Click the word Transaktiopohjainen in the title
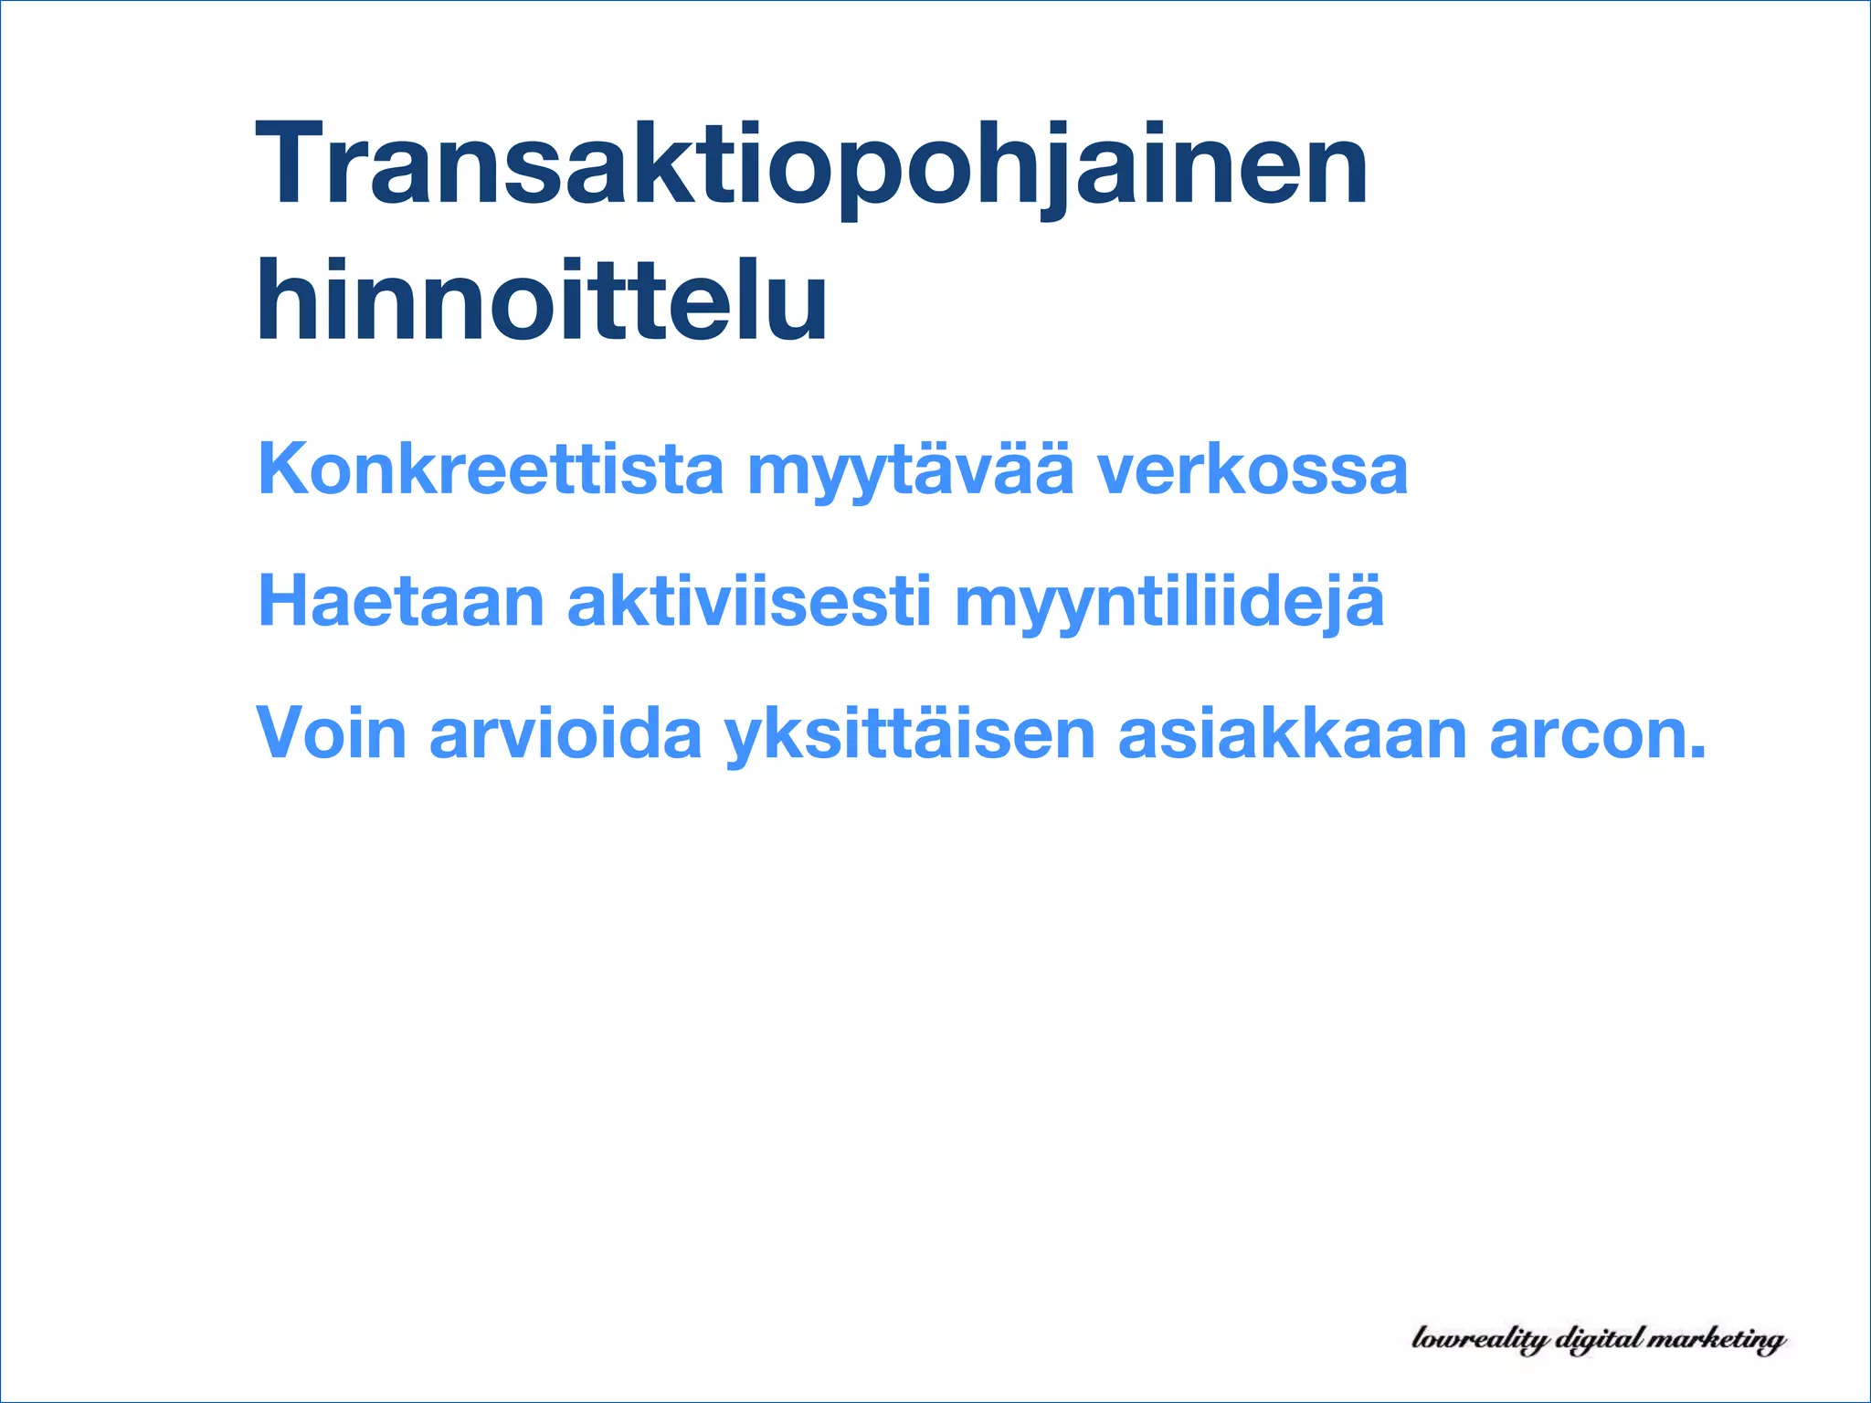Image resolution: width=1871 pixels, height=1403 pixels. (x=811, y=167)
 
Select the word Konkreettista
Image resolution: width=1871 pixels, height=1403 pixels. (x=491, y=469)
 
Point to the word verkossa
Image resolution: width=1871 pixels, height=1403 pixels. (x=1252, y=469)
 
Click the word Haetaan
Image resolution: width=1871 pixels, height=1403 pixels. (x=401, y=602)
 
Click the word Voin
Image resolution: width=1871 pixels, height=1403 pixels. (x=331, y=733)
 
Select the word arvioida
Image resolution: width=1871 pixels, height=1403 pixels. (x=566, y=733)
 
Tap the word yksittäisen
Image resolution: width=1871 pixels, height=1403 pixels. (x=910, y=735)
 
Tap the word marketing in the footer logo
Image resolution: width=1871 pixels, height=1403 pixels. (x=1719, y=1340)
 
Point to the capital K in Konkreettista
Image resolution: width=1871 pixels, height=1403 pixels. (x=285, y=469)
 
